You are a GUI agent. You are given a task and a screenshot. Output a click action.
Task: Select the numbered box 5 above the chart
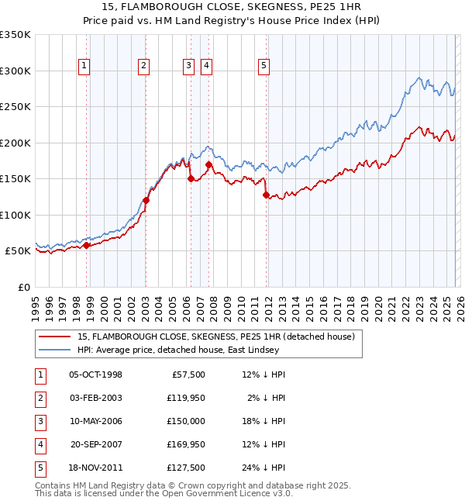point(264,66)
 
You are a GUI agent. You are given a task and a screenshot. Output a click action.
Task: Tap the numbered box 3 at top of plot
point(188,66)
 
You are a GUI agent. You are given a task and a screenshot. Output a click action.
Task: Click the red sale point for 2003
point(146,200)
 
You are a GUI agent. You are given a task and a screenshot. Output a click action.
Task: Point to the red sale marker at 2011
point(266,195)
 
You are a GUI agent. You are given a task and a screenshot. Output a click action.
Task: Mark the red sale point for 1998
point(87,245)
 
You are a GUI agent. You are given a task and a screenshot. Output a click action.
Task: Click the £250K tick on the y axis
point(15,107)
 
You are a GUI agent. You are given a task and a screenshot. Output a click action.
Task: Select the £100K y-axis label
point(15,215)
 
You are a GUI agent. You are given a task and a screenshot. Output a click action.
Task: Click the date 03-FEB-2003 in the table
point(95,398)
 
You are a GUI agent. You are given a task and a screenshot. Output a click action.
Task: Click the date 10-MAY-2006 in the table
point(95,421)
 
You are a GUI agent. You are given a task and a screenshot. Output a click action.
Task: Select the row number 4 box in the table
point(39,444)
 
